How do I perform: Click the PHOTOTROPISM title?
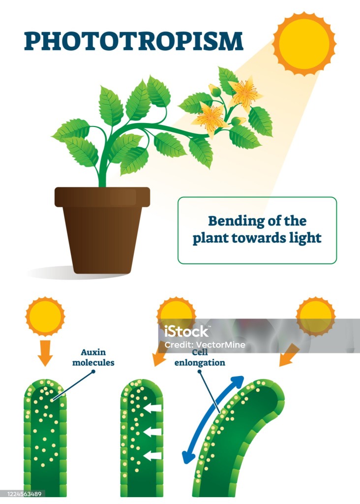[x=133, y=41]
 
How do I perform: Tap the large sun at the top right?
[x=304, y=43]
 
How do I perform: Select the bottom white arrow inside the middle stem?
[x=153, y=455]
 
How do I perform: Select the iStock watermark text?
[x=187, y=331]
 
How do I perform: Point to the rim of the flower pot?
[x=102, y=196]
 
